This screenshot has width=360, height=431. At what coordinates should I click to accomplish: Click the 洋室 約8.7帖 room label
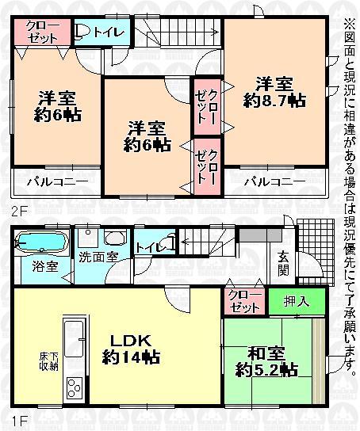click(x=274, y=92)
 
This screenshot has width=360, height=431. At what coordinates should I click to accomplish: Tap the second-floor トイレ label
click(x=102, y=32)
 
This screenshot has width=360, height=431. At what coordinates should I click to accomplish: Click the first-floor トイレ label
click(x=150, y=246)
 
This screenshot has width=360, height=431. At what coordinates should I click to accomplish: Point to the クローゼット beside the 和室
click(x=244, y=300)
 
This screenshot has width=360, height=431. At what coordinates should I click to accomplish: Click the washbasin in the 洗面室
click(x=116, y=237)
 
